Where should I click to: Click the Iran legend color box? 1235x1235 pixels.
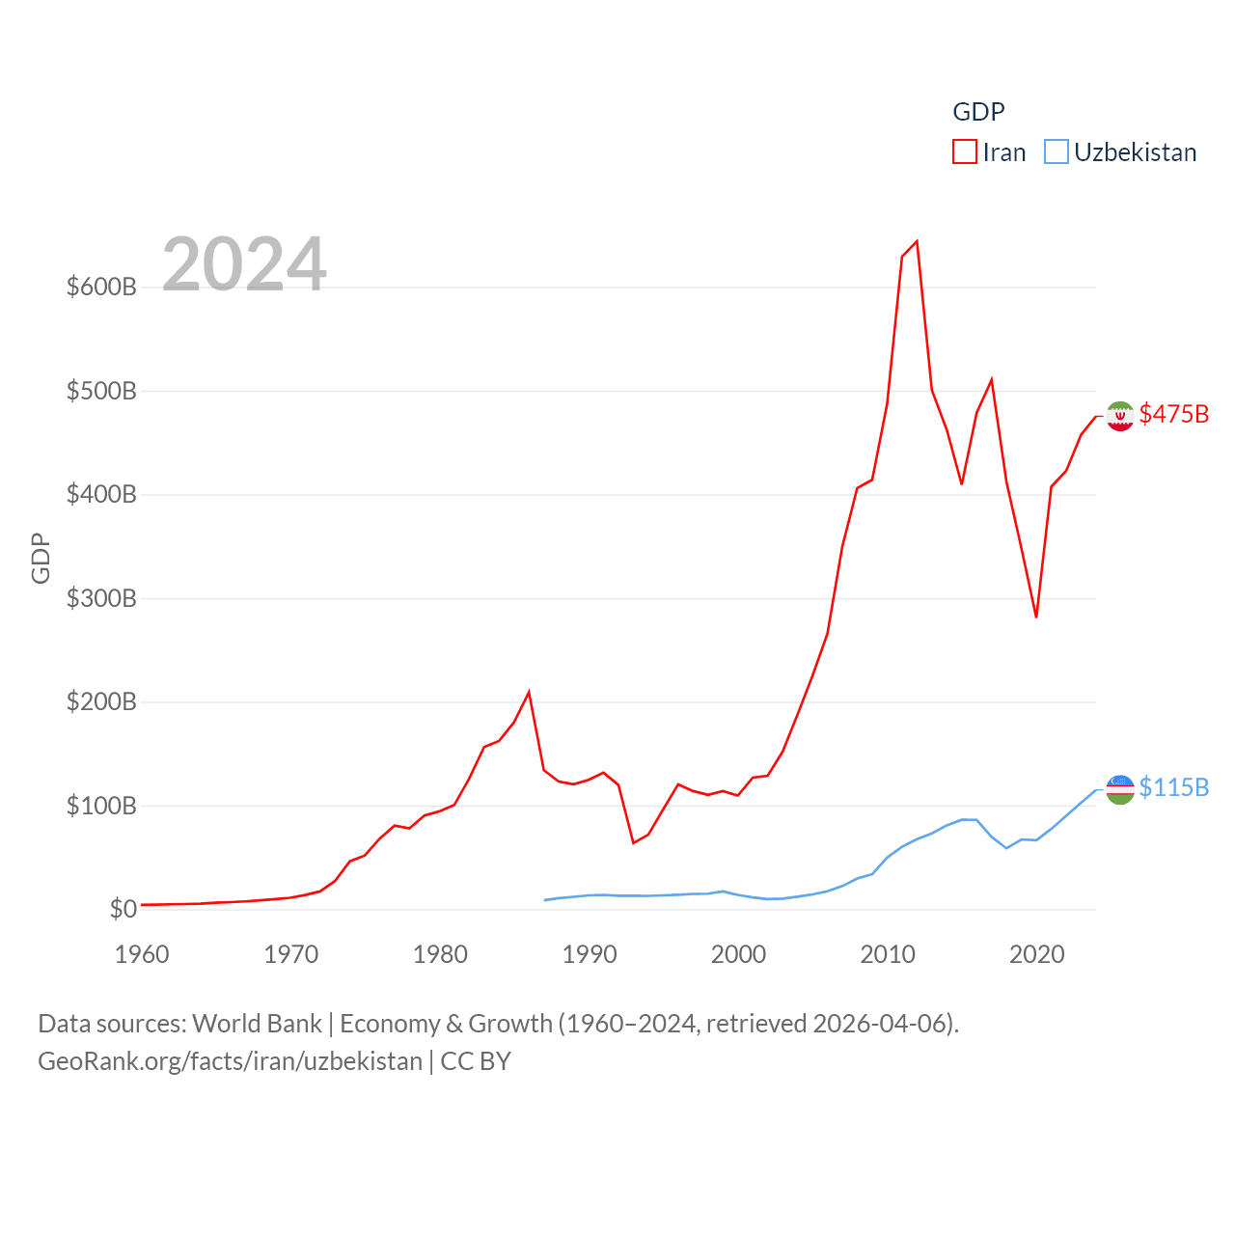point(964,152)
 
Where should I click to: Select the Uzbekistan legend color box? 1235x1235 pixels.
point(1057,152)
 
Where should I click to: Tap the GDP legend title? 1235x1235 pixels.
point(978,112)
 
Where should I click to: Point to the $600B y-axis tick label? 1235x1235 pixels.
point(101,287)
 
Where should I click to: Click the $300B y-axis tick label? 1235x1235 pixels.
point(101,598)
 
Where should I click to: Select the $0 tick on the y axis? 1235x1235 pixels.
point(123,909)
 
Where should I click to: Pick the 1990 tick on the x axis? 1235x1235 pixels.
point(590,954)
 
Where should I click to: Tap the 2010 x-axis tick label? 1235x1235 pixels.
point(888,954)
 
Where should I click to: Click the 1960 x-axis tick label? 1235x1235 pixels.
point(142,954)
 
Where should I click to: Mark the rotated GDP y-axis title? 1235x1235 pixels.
point(41,558)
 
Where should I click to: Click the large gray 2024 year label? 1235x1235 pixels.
point(244,263)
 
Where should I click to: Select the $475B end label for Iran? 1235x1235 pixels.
point(1173,414)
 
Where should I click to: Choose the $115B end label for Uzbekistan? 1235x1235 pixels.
point(1173,787)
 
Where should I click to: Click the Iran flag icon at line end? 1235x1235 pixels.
point(1119,416)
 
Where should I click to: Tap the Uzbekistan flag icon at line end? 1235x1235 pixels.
point(1119,789)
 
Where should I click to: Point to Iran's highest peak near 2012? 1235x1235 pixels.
point(917,241)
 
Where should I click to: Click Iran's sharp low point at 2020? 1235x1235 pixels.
point(1036,617)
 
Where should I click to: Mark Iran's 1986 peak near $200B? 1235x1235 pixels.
point(529,692)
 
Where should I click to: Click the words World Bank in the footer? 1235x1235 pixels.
point(257,1023)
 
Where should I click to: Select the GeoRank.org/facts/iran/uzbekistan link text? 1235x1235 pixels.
point(230,1061)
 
